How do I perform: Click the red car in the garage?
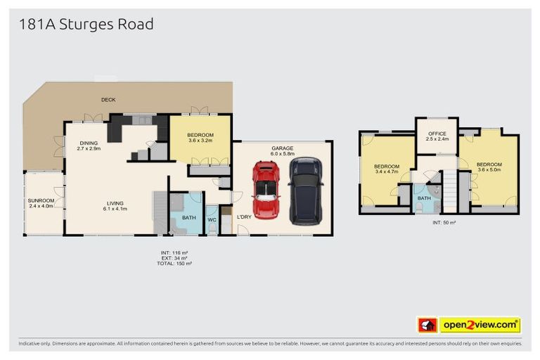[265, 190]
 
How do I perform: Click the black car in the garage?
[305, 191]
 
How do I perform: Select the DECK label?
[108, 100]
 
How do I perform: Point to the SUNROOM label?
[40, 200]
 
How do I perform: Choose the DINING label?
[89, 143]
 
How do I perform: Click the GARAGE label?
[283, 148]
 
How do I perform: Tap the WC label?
[211, 219]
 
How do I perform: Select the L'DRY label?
[244, 217]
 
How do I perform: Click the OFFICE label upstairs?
[437, 134]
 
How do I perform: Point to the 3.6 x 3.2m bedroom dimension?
[200, 141]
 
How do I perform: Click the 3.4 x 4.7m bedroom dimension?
[387, 172]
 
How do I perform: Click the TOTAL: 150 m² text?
[175, 264]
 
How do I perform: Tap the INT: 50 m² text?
[444, 222]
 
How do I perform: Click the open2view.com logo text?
[480, 325]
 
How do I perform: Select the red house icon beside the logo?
[427, 325]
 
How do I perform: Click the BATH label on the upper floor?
[423, 198]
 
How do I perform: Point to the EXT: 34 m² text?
[175, 257]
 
